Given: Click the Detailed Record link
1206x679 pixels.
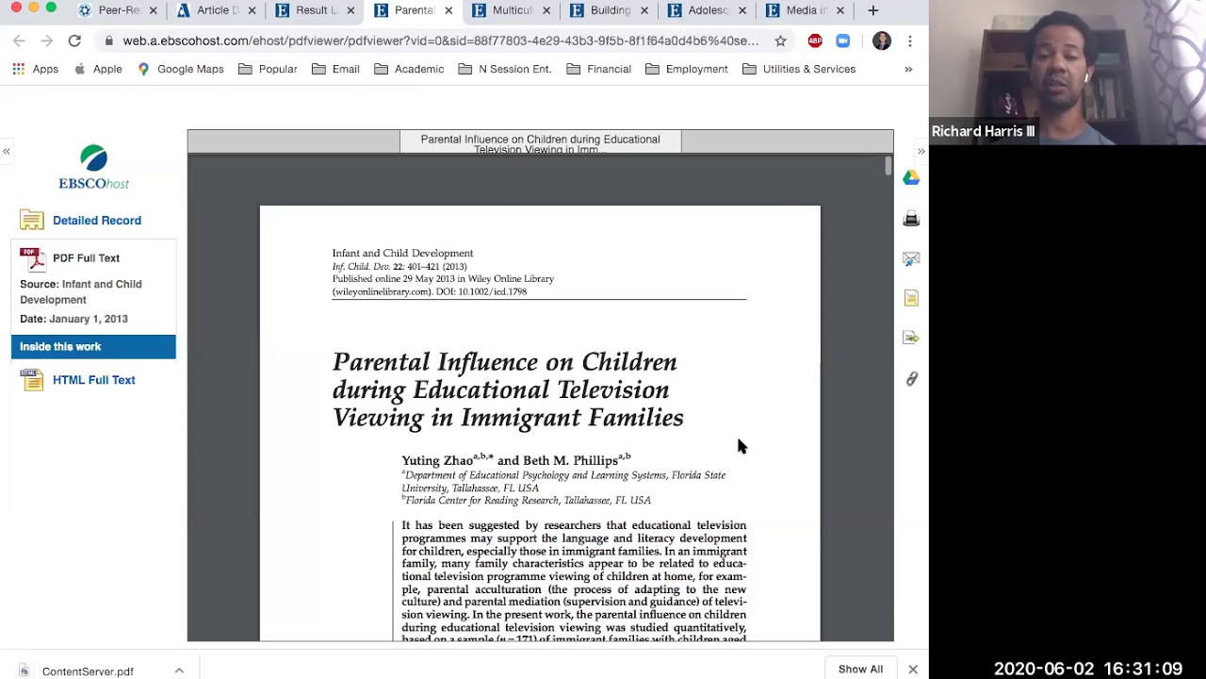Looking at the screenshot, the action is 96,221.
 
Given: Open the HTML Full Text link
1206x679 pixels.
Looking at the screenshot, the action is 93,380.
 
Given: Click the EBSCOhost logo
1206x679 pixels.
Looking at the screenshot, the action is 93,168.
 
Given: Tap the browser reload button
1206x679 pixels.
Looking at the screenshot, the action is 74,41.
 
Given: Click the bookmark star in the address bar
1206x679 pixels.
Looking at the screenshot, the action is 780,41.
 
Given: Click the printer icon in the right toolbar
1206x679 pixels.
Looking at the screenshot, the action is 911,219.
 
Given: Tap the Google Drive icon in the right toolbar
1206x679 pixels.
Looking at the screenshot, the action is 911,178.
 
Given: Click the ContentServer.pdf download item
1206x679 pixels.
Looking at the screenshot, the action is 87,671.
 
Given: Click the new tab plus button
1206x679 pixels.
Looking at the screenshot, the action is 872,10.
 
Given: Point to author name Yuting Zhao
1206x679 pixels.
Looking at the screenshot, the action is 437,461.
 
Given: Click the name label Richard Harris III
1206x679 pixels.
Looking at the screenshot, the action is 983,131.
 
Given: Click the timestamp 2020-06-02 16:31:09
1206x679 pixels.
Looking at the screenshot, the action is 1087,669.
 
